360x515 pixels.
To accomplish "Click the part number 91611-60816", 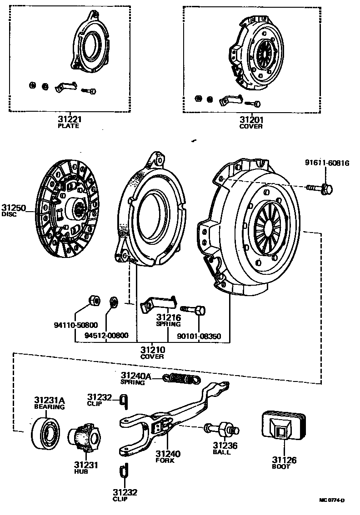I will point(327,163).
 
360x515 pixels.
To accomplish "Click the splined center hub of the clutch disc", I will point(78,209).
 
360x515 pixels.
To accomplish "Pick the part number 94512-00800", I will point(106,336).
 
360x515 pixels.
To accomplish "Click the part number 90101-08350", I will point(199,336).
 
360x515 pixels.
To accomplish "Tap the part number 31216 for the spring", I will point(169,317).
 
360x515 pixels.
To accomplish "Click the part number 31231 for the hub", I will point(86,465).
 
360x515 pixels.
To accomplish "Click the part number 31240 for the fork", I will point(168,454).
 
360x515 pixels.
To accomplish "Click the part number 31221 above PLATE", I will point(69,119).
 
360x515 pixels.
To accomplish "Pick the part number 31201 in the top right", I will point(251,120).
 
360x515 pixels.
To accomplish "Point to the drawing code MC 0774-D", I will point(332,500).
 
